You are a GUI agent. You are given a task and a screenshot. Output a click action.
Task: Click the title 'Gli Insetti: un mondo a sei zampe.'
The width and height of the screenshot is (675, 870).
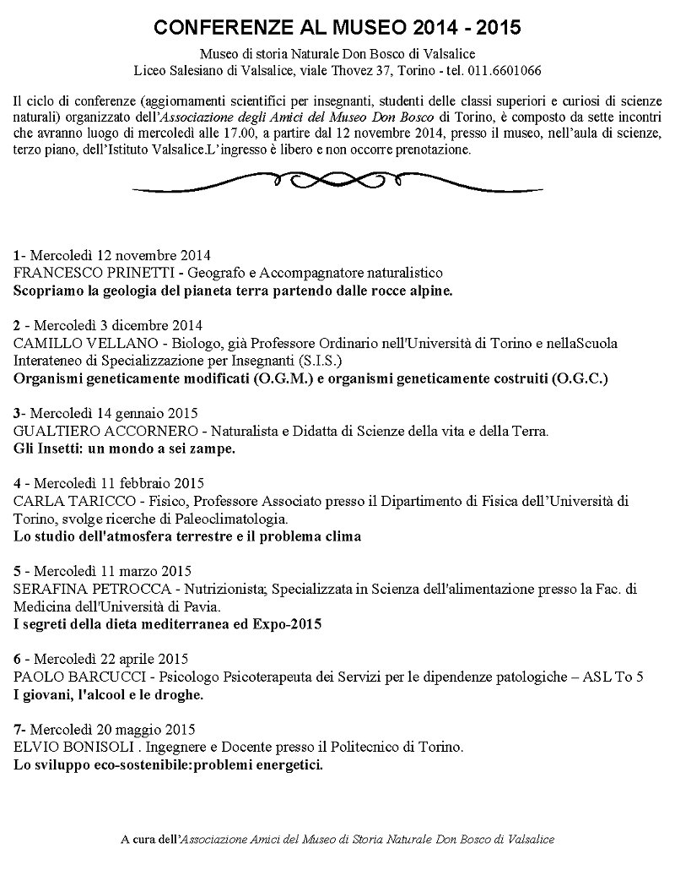coord(125,449)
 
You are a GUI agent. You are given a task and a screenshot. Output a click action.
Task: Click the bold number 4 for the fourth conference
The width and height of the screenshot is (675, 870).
coord(18,484)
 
